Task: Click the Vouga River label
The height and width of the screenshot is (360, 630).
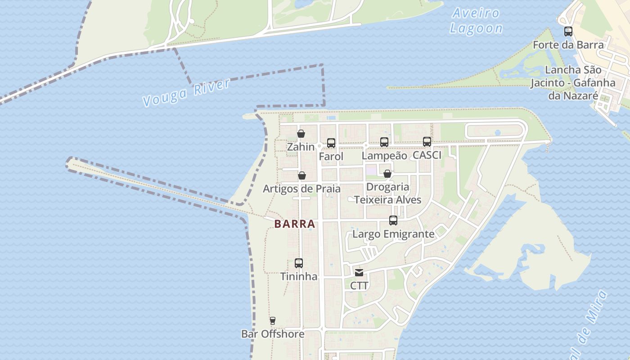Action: [186, 93]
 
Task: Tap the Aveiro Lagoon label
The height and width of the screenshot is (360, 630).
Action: [476, 21]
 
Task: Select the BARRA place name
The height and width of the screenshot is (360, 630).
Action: [294, 224]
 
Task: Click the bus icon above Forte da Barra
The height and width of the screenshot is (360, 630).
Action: [568, 31]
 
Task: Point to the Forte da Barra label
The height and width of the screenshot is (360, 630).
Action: [568, 45]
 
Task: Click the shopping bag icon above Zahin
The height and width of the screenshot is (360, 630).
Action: [301, 134]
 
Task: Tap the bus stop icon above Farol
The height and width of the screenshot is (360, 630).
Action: [331, 143]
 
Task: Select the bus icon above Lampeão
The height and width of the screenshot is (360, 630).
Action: [384, 142]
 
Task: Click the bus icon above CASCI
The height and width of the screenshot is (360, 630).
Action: [427, 142]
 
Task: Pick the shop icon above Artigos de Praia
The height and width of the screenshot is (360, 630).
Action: [302, 175]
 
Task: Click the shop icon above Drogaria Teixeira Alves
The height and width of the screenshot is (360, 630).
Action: [387, 174]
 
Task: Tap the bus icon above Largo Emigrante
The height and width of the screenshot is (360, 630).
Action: [393, 220]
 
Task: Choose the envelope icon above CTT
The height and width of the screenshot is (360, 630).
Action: [359, 272]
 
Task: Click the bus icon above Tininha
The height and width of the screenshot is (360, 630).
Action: [299, 263]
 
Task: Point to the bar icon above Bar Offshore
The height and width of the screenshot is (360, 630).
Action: [272, 321]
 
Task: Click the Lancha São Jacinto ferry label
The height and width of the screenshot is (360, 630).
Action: [573, 83]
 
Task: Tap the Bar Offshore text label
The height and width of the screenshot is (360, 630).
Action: [273, 334]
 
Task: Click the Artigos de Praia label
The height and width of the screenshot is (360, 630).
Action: [301, 189]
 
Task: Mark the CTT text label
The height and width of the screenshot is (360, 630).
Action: [359, 286]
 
